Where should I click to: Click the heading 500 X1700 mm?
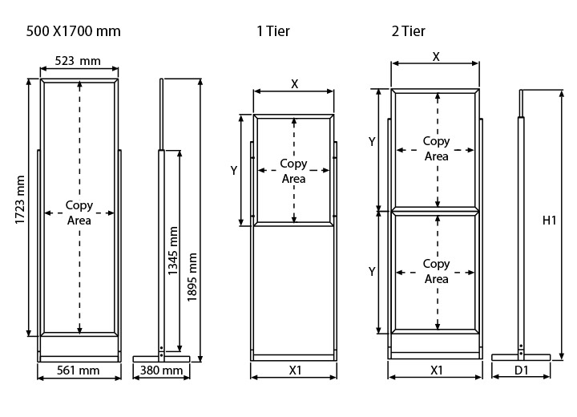pos(74,32)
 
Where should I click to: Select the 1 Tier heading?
pos(272,32)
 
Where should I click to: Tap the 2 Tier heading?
pos(408,32)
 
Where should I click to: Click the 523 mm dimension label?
pos(78,60)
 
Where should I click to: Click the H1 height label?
pos(549,221)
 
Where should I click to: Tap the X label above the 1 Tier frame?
pos(294,84)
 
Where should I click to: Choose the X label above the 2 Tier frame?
pos(436,57)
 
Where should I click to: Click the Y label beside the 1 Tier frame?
pos(233,170)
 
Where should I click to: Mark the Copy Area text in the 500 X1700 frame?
pos(79,213)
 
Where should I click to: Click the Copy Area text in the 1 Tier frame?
pos(293,171)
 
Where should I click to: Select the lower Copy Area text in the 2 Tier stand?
pos(436,271)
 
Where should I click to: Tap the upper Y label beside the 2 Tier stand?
pos(372,141)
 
